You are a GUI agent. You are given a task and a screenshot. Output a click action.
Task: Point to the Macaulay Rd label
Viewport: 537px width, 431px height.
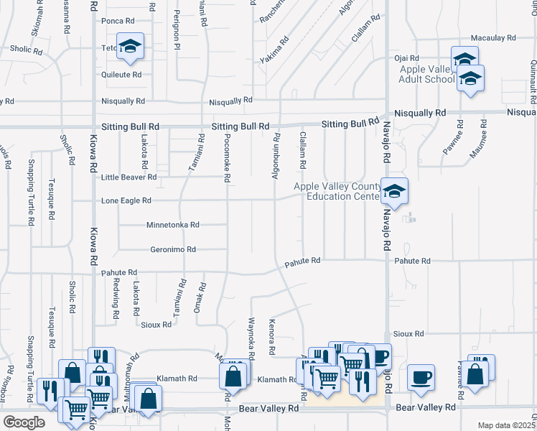tap(493, 37)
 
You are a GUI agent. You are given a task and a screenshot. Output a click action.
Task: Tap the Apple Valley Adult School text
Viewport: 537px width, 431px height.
tap(428, 75)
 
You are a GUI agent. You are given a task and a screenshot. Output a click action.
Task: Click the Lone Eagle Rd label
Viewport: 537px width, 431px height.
tap(126, 201)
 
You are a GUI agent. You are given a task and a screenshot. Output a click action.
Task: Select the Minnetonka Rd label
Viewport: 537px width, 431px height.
tap(172, 225)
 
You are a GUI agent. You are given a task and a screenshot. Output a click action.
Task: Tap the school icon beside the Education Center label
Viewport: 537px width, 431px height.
tap(394, 191)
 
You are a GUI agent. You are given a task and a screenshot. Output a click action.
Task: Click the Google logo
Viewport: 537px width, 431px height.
tap(24, 422)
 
